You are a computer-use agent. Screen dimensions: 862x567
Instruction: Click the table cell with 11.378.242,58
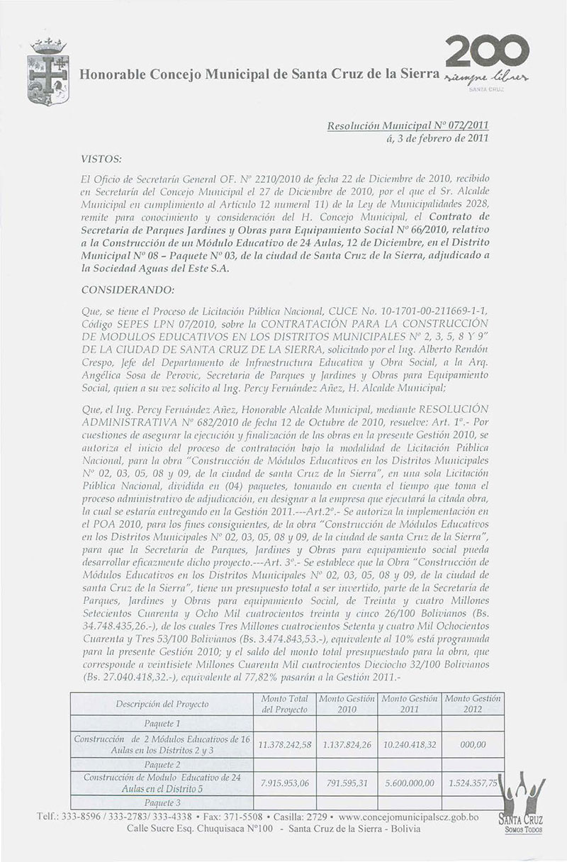(x=284, y=744)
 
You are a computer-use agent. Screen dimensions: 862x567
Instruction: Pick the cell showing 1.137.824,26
(x=347, y=744)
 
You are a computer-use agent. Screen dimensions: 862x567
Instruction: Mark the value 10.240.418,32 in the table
(x=409, y=744)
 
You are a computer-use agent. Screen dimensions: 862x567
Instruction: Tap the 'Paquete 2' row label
(x=162, y=765)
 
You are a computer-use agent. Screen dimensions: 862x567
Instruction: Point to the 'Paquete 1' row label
(x=162, y=724)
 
